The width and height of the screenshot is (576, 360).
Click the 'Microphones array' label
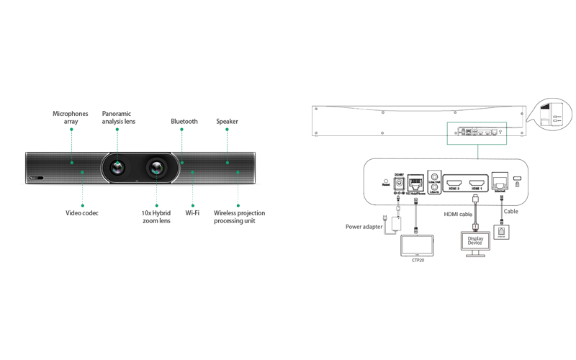click(70, 117)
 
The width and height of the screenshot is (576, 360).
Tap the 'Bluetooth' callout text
click(184, 122)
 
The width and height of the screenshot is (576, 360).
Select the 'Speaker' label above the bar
click(227, 122)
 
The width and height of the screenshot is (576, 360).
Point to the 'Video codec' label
click(81, 213)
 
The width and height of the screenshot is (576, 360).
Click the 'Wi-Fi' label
click(192, 213)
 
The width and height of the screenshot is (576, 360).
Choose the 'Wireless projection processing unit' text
click(239, 217)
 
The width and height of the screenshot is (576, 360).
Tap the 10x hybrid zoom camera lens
click(158, 168)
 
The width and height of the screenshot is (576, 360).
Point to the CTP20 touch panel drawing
click(417, 244)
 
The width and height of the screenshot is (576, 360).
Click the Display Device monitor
click(475, 242)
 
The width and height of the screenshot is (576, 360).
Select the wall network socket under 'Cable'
click(500, 232)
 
